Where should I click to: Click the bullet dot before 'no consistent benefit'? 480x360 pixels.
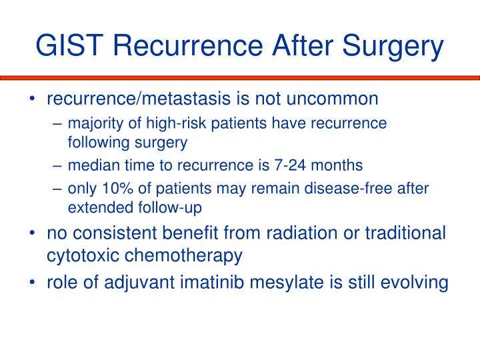pos(33,234)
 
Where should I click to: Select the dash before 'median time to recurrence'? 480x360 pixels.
pos(58,165)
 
